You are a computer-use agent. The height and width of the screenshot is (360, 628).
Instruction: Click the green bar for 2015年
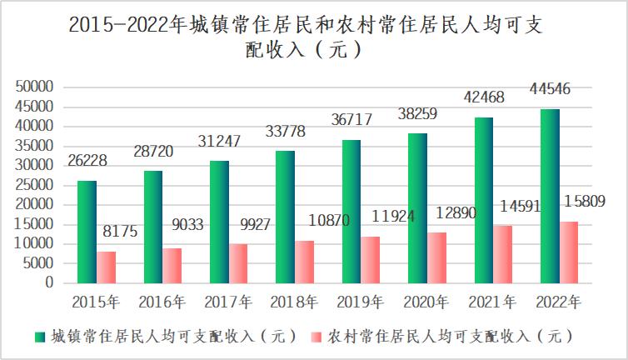click(x=87, y=232)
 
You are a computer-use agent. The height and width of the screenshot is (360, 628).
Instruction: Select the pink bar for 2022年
click(x=569, y=252)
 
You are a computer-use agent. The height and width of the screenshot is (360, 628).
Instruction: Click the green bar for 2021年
click(x=484, y=200)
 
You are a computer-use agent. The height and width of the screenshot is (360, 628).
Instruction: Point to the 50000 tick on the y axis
click(x=35, y=87)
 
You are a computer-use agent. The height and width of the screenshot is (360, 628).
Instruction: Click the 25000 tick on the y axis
click(x=35, y=185)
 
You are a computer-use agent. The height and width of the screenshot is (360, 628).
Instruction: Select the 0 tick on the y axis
click(x=49, y=283)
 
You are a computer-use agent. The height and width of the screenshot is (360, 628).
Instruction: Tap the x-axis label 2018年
click(x=294, y=300)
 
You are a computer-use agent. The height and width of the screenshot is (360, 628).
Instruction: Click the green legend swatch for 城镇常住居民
click(x=38, y=337)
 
